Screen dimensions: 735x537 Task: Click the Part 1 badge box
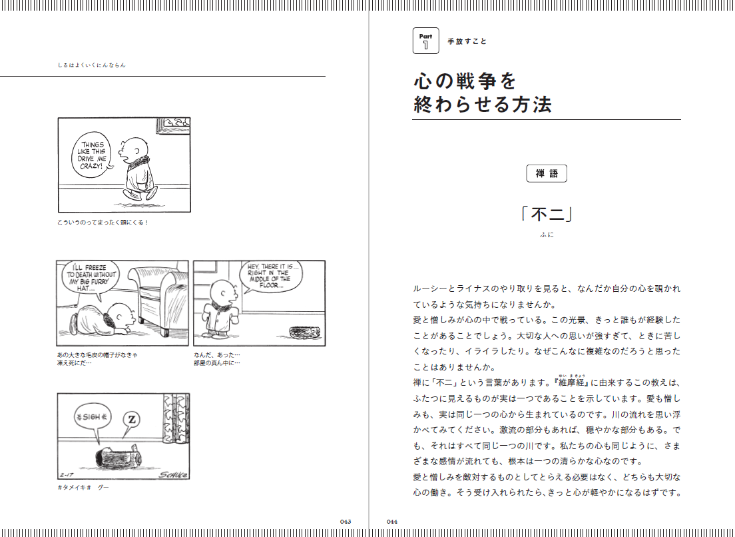(x=425, y=41)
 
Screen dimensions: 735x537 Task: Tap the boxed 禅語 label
(x=547, y=173)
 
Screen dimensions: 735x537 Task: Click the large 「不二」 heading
(x=547, y=215)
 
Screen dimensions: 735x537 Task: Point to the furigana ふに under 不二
(x=547, y=235)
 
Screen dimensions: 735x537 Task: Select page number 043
(x=346, y=522)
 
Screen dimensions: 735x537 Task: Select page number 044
(x=392, y=522)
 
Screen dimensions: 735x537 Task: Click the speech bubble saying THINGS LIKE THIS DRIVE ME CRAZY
(x=93, y=155)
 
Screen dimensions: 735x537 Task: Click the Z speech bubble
(x=131, y=420)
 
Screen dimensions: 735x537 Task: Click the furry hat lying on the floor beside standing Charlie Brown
(x=305, y=332)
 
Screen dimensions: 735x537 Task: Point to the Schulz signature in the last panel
(x=173, y=475)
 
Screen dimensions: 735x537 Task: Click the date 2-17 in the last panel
(x=67, y=474)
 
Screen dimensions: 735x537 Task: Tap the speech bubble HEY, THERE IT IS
(x=272, y=276)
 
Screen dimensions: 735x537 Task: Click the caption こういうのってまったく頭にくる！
(x=103, y=223)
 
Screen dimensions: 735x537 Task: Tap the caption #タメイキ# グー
(x=83, y=487)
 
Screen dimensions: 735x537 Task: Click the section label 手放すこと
(x=467, y=41)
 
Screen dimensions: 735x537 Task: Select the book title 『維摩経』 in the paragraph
(x=571, y=382)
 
